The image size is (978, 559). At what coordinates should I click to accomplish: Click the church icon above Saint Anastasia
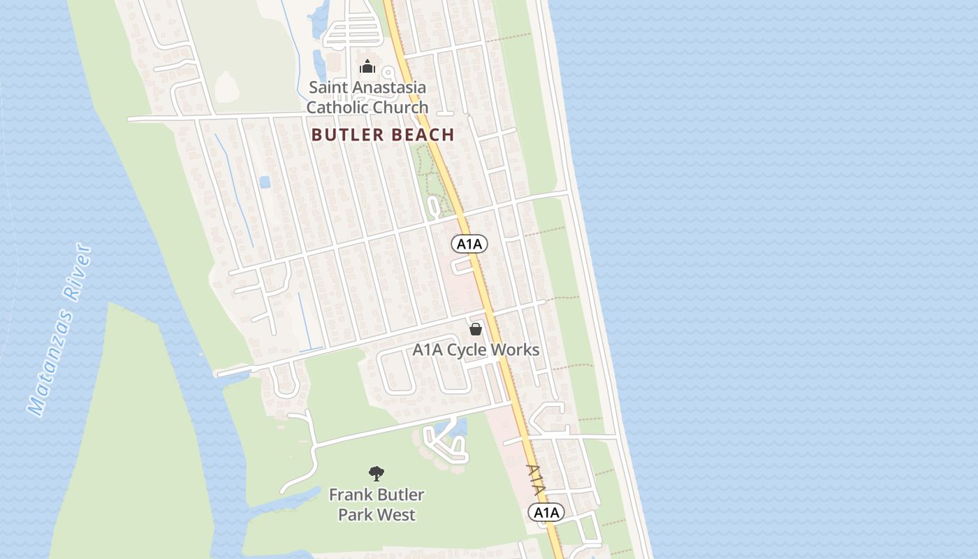tap(367, 67)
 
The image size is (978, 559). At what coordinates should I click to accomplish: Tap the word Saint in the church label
tap(327, 88)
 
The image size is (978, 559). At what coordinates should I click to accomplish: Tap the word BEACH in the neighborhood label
tap(424, 135)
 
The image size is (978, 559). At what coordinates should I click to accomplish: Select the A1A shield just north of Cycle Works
tap(469, 244)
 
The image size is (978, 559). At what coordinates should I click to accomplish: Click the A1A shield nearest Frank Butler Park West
tap(546, 513)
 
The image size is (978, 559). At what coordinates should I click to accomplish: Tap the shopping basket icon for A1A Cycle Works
tap(476, 328)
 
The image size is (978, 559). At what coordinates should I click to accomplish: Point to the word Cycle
tap(467, 350)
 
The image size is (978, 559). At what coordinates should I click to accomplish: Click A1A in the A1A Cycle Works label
tap(428, 350)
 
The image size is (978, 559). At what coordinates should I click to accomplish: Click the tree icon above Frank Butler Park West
tap(377, 474)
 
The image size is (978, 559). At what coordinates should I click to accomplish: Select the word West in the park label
tap(397, 515)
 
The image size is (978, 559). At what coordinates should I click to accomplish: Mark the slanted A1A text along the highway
tap(535, 481)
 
